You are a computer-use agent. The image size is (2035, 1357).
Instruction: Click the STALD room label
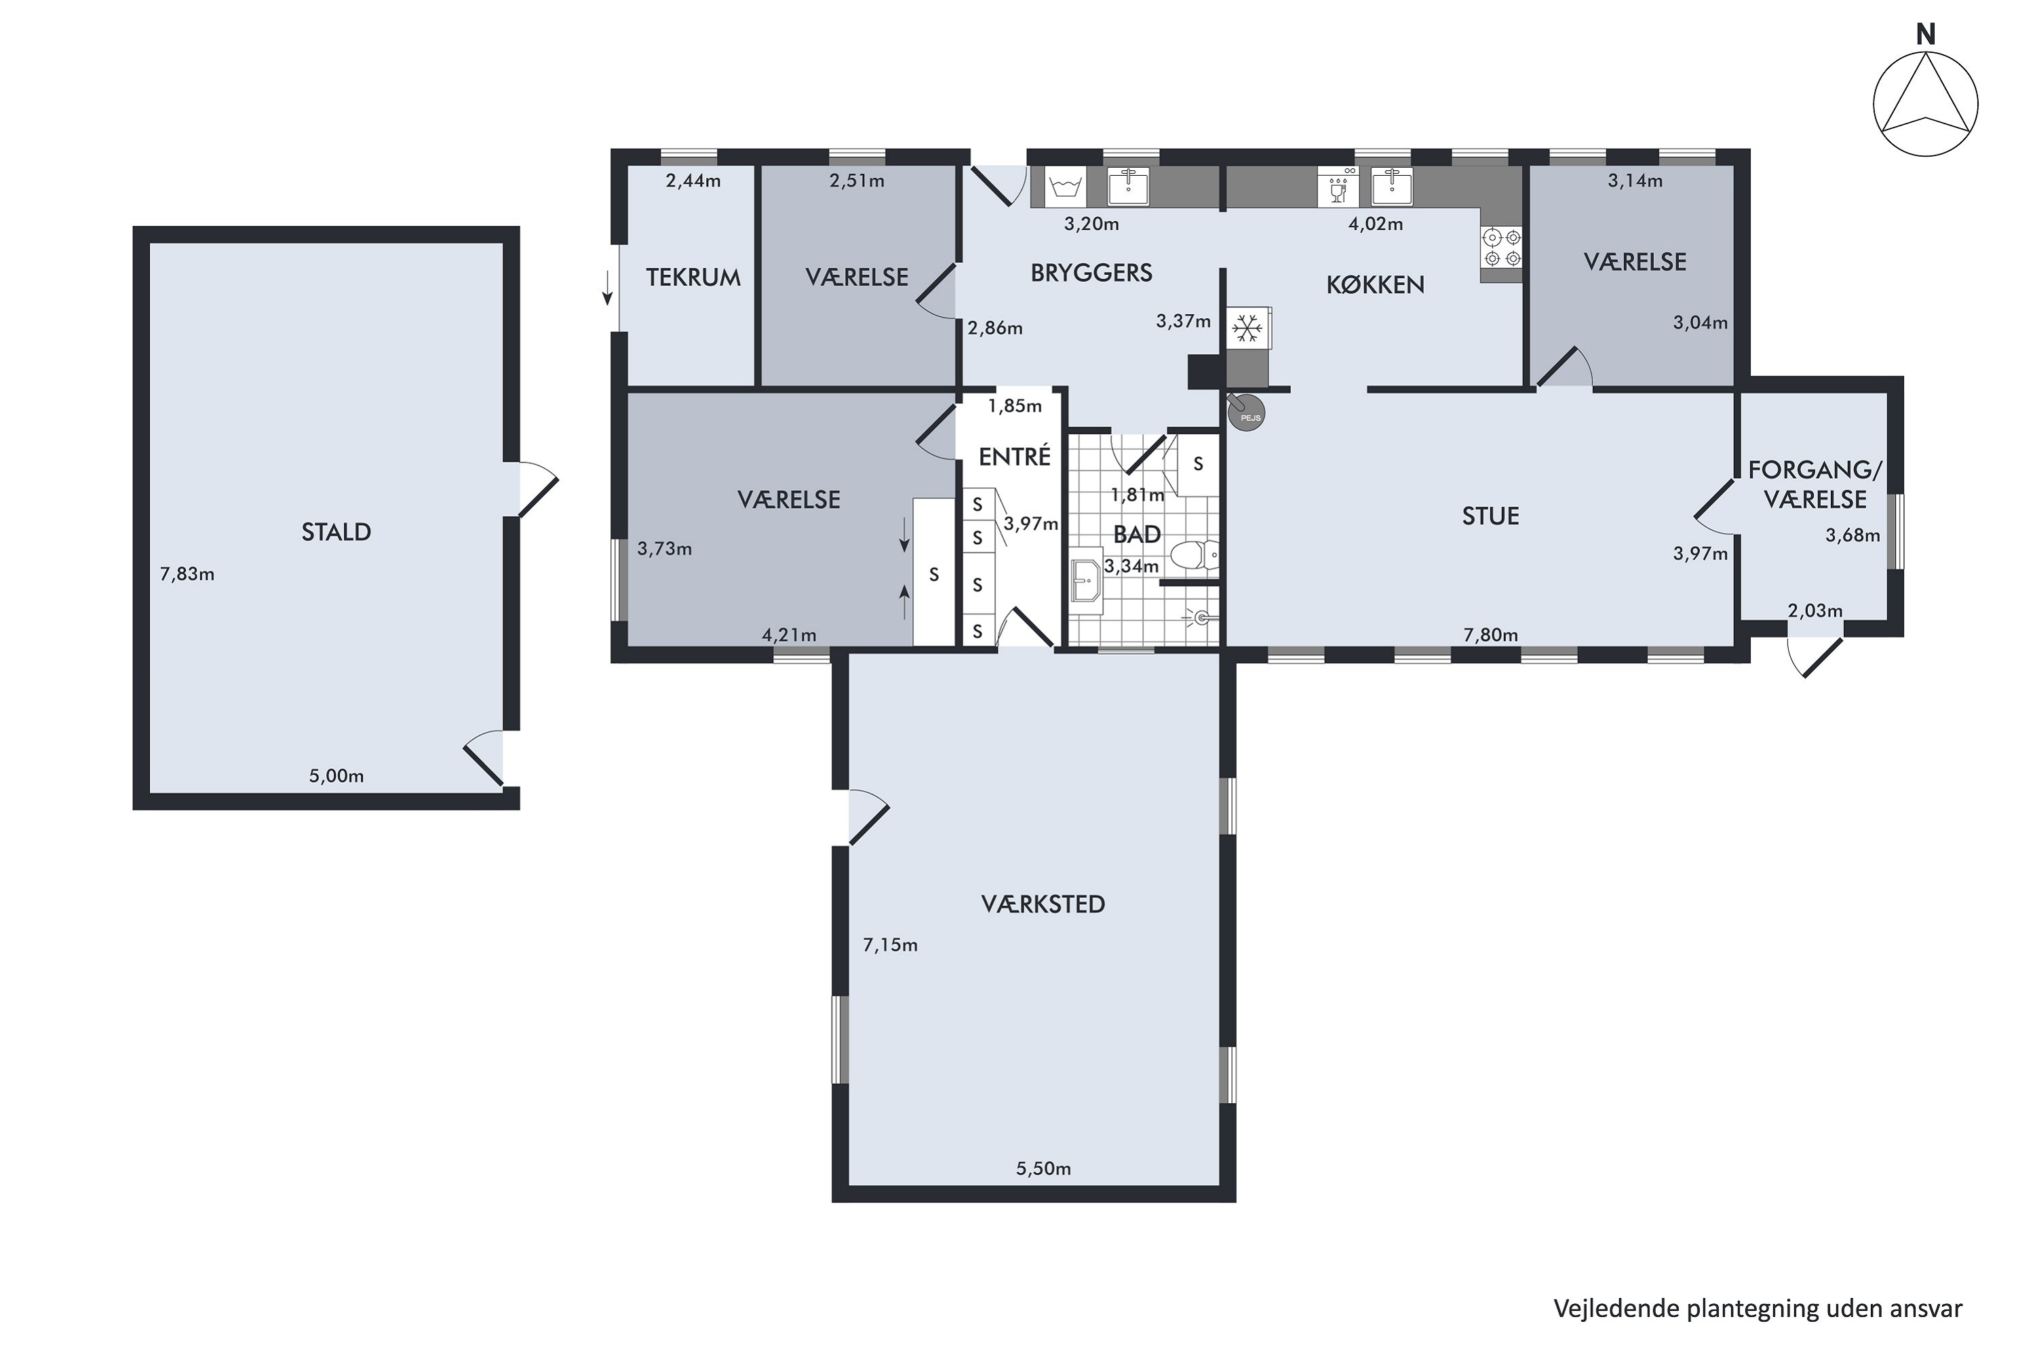(336, 531)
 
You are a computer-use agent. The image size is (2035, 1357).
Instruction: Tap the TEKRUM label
(693, 277)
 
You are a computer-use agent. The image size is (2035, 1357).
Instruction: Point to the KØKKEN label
(1375, 285)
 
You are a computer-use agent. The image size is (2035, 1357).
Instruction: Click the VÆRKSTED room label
(1043, 904)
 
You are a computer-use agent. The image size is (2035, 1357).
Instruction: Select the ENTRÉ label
(1014, 456)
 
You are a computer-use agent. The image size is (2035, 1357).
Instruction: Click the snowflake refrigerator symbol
(1247, 328)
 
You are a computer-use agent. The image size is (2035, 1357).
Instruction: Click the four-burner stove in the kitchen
(1501, 248)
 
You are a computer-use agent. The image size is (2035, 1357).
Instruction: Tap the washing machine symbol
(1064, 187)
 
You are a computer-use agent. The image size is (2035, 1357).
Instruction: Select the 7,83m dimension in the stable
(187, 574)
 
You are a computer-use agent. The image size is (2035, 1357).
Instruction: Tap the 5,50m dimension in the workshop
(1043, 1169)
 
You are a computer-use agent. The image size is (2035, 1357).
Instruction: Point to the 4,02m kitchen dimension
(1375, 224)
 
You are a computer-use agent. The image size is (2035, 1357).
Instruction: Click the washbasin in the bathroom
(1086, 580)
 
